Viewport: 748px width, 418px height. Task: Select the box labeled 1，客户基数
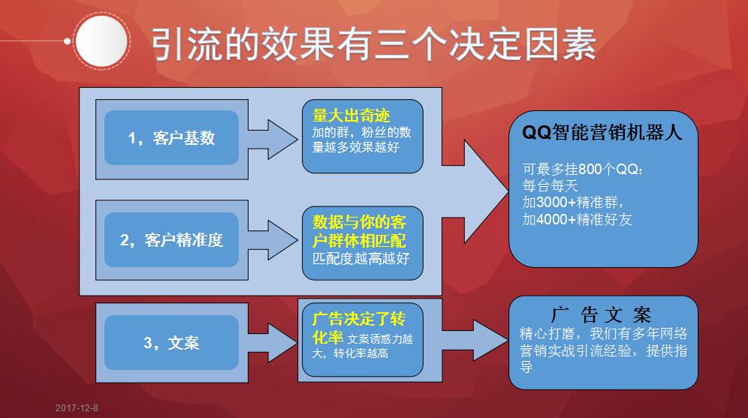[171, 138]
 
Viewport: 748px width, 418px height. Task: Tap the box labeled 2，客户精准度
[171, 240]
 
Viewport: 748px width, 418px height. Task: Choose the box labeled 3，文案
[171, 343]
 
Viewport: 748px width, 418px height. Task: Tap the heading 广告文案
[602, 314]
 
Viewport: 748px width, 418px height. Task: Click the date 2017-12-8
[77, 408]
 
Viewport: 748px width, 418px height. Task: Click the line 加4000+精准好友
[578, 220]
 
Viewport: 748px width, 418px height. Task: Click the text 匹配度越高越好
[361, 259]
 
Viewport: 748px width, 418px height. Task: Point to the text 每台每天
[547, 186]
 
